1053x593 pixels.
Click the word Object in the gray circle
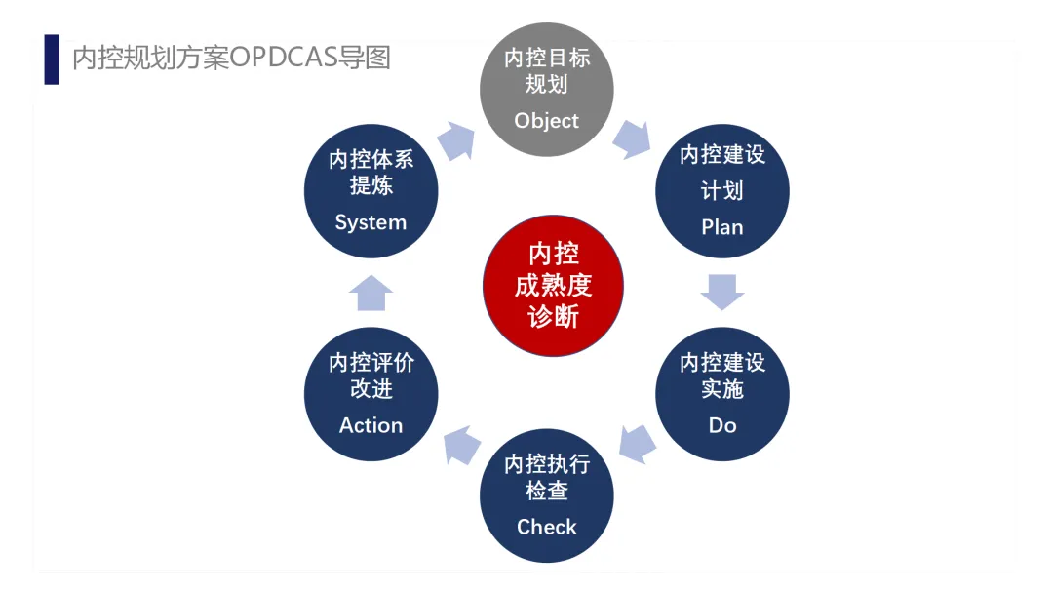coord(546,121)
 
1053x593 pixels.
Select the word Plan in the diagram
coord(721,227)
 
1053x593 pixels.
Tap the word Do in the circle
coord(722,425)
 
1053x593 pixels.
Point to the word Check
coord(546,527)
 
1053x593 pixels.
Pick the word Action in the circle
coord(370,425)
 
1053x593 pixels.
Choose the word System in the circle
coord(370,222)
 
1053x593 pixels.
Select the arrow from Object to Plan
coord(632,139)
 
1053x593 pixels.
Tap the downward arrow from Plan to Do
coord(722,292)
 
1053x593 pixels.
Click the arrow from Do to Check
coord(637,443)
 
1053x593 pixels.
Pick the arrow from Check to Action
coord(461,444)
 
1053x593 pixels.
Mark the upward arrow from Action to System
coord(370,293)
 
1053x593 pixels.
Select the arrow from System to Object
coord(455,140)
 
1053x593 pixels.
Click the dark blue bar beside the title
coord(52,59)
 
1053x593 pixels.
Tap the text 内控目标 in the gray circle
coord(546,58)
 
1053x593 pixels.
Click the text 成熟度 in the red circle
coord(553,286)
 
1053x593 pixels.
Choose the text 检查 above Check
coord(546,490)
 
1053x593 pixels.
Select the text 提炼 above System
coord(370,185)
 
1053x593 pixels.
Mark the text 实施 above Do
coord(722,388)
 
